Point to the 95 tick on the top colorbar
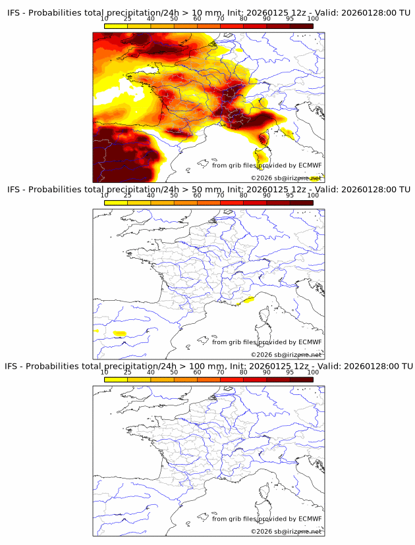(290, 18)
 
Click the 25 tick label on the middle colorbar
(128, 195)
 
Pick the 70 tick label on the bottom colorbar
(220, 373)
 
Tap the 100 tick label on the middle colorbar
(313, 195)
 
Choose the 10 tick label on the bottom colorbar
(105, 373)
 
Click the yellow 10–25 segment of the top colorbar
(116, 26)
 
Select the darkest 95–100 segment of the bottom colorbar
(302, 379)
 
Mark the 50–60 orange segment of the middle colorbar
(185, 203)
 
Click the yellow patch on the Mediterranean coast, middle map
(248, 300)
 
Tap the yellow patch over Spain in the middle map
(119, 334)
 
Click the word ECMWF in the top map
(310, 165)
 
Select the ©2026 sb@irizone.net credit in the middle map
(285, 355)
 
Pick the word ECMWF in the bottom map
(310, 519)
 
